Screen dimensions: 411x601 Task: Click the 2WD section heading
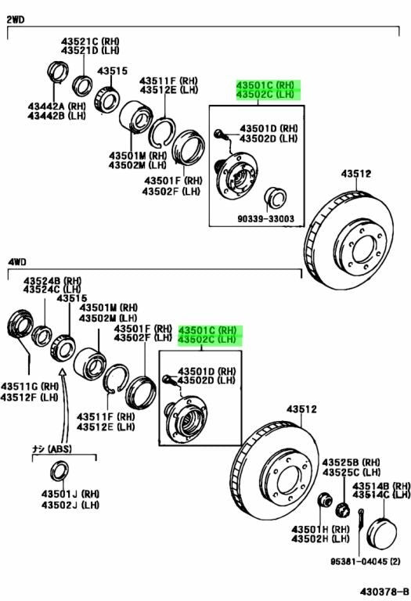point(16,19)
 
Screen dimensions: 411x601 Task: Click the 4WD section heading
point(17,262)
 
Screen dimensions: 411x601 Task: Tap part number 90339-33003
point(265,219)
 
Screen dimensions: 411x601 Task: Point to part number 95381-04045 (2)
point(366,561)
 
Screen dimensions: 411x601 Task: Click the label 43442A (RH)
point(56,106)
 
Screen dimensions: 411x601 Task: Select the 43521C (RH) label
point(90,41)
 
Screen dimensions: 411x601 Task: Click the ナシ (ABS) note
point(52,448)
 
